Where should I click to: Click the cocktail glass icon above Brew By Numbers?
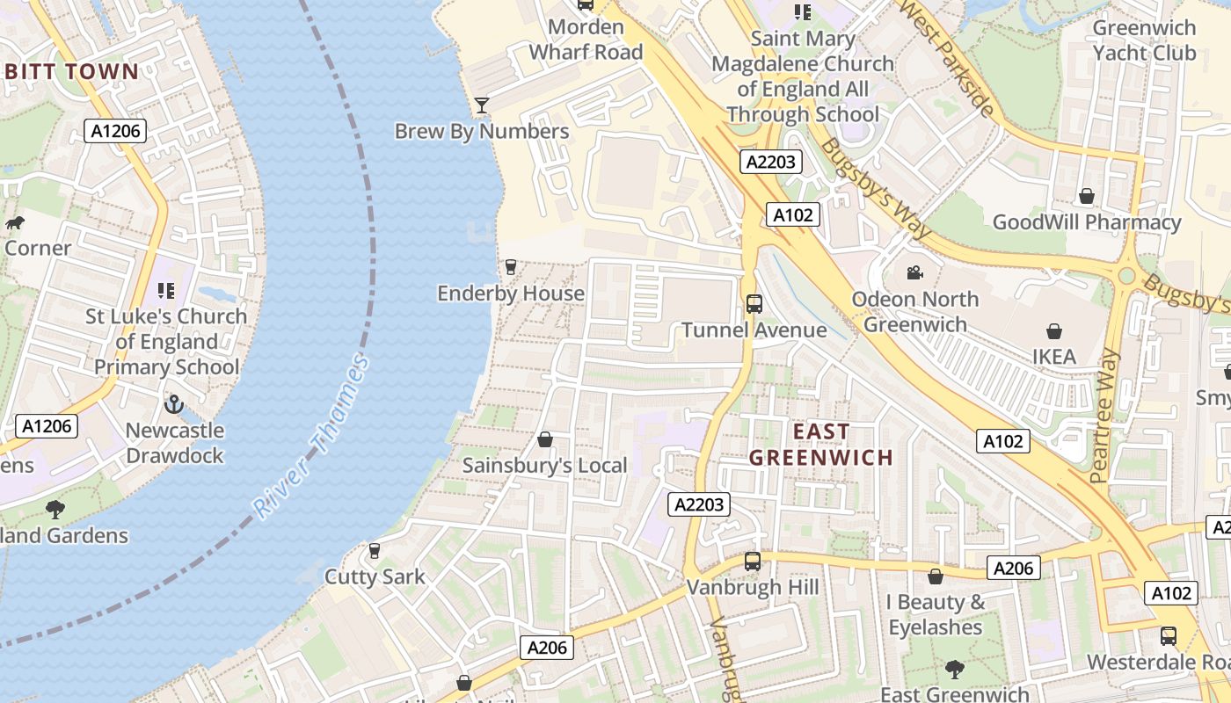click(481, 105)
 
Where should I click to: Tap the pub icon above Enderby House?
click(510, 267)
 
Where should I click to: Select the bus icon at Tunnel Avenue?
click(754, 304)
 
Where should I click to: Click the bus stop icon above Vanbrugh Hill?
click(752, 561)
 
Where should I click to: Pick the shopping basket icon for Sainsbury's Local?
click(545, 439)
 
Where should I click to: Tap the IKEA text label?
click(1053, 356)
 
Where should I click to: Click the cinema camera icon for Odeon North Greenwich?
click(914, 273)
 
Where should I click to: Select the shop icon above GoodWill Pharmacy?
click(1087, 196)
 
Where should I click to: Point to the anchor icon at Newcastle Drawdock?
click(174, 404)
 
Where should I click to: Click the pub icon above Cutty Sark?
click(375, 551)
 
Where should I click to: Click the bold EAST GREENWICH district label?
click(821, 444)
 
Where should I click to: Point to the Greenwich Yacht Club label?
click(1144, 40)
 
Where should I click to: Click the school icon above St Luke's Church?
click(165, 290)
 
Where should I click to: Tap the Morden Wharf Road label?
click(586, 40)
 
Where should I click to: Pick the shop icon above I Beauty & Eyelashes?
click(935, 576)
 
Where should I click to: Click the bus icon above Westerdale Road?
click(1168, 635)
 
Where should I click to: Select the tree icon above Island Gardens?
click(55, 509)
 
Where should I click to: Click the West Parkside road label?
click(948, 59)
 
